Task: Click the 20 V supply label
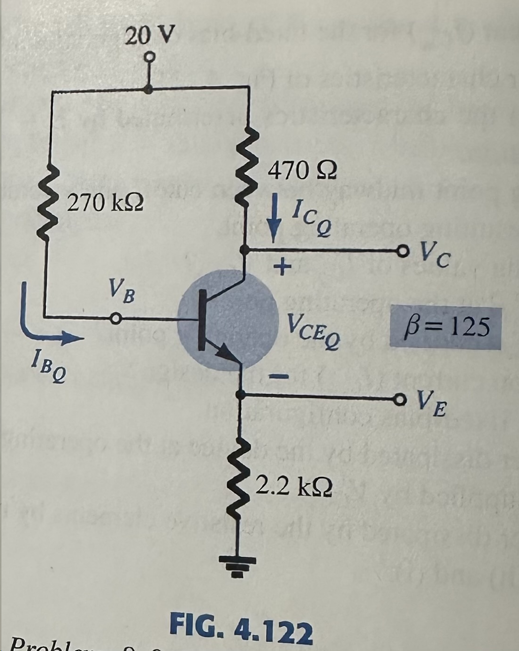(150, 35)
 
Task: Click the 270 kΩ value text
(106, 203)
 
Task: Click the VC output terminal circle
(401, 249)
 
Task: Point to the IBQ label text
(49, 368)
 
